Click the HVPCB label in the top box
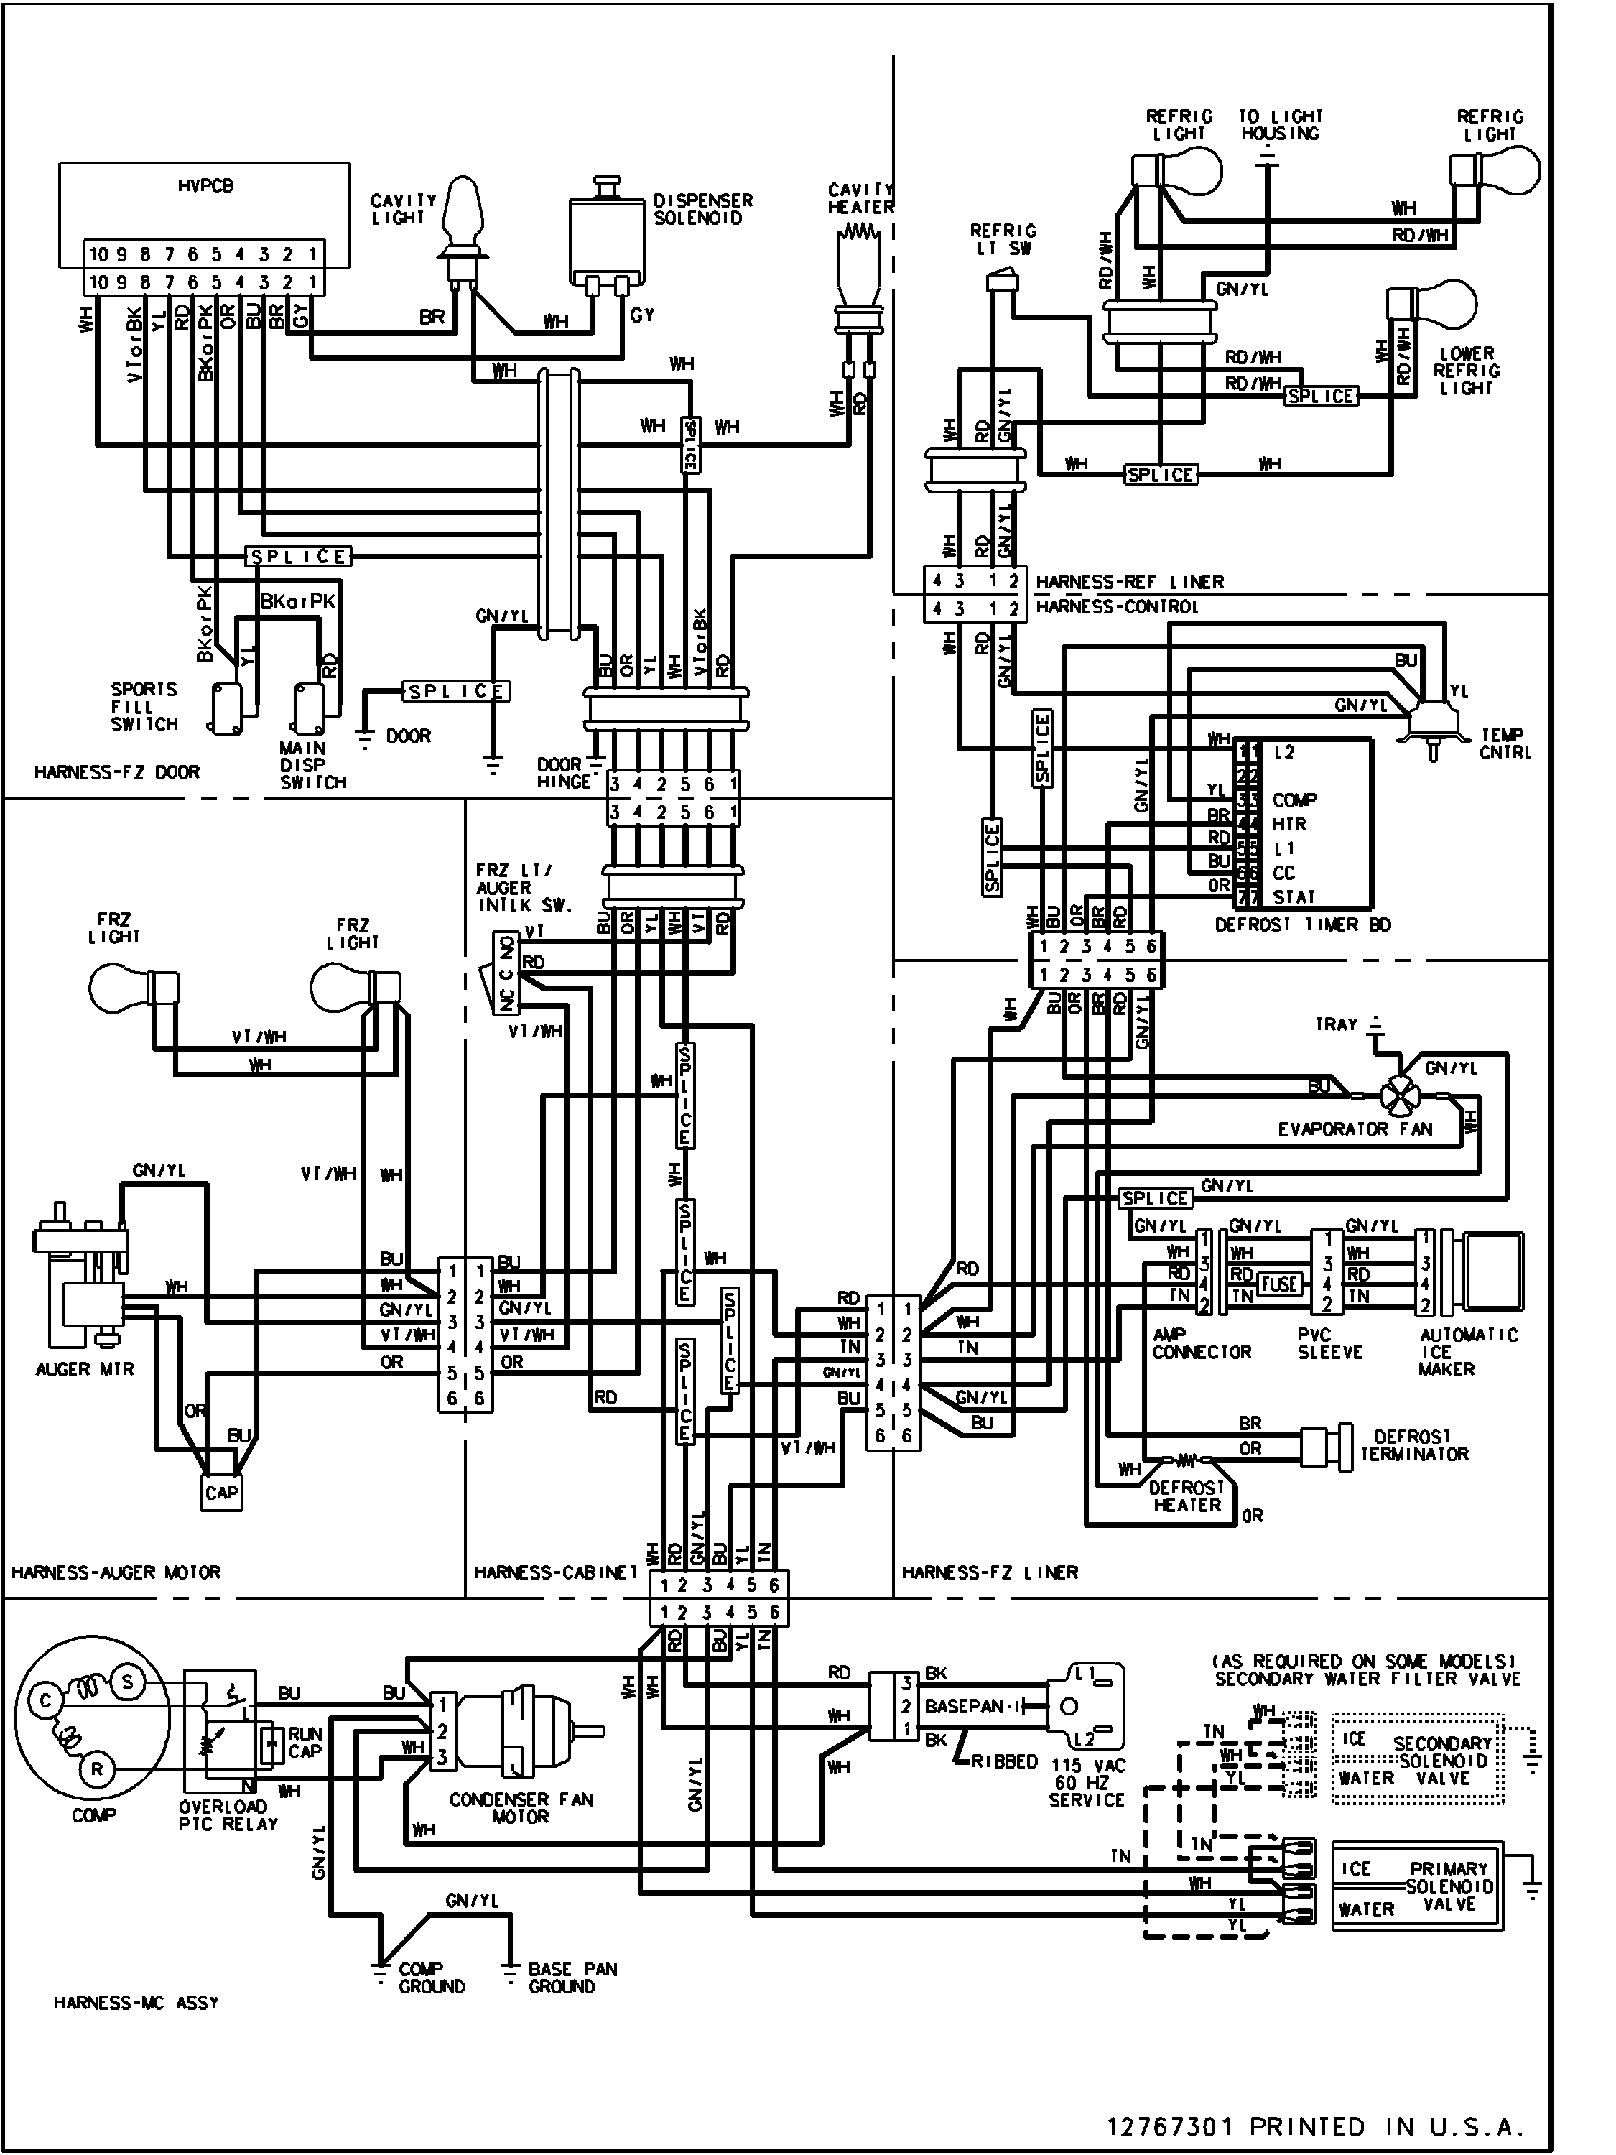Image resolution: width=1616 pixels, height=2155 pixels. tap(205, 185)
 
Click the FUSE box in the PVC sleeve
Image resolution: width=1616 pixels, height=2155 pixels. tap(1279, 1284)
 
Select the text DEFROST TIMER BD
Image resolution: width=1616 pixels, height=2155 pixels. tap(1302, 924)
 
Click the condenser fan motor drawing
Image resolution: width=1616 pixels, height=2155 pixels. tap(516, 1731)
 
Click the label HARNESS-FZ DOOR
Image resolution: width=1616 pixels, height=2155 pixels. tap(117, 772)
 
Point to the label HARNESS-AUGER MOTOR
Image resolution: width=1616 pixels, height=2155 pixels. tap(116, 1572)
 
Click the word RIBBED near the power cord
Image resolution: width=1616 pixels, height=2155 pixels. tap(1004, 1761)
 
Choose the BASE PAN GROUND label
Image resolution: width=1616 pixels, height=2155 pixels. tap(572, 1978)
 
